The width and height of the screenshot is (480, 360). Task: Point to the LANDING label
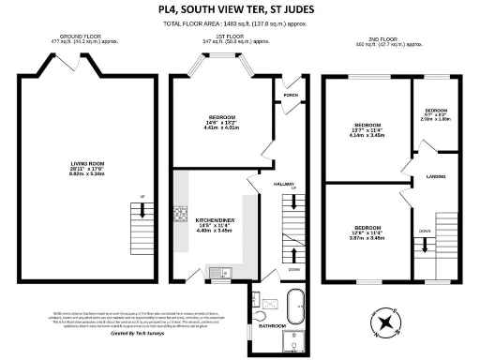pos(435,176)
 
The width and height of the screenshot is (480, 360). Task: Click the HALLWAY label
pos(285,184)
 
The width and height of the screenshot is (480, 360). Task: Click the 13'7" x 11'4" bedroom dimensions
pos(367,132)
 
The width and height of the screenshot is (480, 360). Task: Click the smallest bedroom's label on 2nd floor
pos(435,108)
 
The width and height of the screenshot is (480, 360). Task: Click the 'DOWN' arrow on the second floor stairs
pos(424,229)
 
